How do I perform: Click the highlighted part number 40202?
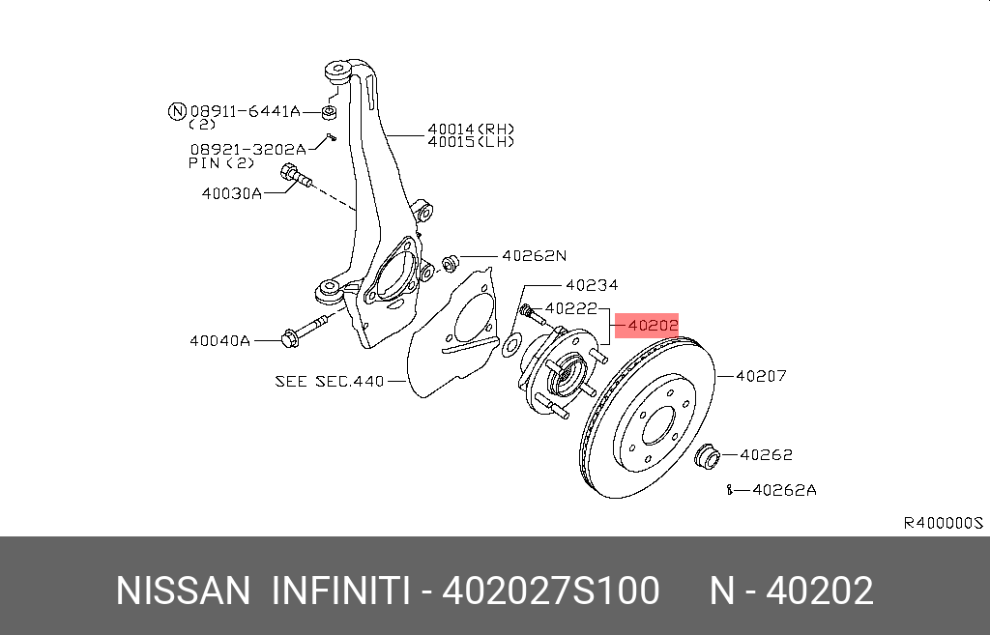(653, 326)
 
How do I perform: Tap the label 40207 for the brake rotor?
(762, 376)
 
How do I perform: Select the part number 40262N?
(534, 255)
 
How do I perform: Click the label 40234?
(592, 285)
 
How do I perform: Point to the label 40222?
(570, 308)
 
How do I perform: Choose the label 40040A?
(219, 341)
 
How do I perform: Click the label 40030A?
(232, 193)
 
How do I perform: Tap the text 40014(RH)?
(471, 130)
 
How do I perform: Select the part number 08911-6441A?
(245, 112)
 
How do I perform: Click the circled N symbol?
(178, 112)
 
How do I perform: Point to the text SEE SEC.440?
(330, 381)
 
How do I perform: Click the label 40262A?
(784, 490)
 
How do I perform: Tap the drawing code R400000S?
(944, 523)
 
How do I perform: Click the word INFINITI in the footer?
(341, 591)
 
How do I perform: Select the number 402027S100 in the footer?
(550, 591)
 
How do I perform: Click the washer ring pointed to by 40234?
(511, 345)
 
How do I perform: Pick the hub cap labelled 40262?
(707, 456)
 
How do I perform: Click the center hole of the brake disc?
(658, 426)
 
